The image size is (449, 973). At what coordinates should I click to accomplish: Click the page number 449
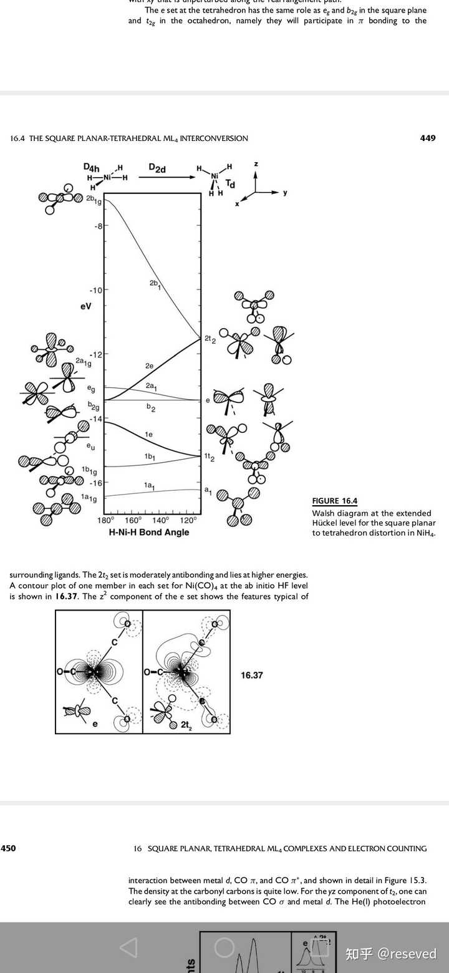coord(428,138)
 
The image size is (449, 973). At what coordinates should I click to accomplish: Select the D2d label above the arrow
coord(157,168)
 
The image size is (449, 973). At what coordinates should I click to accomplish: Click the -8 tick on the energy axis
coord(97,226)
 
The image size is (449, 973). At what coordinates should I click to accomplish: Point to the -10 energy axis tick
coord(95,290)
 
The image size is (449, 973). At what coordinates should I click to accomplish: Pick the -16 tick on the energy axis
coord(95,483)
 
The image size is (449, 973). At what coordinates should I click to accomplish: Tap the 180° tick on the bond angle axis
coord(105,520)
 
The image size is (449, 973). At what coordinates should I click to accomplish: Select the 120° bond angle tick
coord(188,520)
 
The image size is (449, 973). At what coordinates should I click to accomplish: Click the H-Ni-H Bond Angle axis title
coord(149,532)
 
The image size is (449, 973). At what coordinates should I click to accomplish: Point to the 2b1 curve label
coord(155,284)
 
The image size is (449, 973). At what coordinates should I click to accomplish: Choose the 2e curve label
coord(149,365)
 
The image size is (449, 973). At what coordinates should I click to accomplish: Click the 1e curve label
coord(149,433)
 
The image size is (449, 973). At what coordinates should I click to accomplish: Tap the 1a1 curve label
coord(149,485)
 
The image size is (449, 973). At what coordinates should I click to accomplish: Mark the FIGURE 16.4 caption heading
coord(335,501)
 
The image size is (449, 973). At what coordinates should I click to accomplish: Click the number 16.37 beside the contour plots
coord(252,675)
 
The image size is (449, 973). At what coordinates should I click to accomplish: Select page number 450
coord(8,848)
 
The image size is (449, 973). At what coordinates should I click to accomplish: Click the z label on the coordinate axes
coord(256,163)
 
